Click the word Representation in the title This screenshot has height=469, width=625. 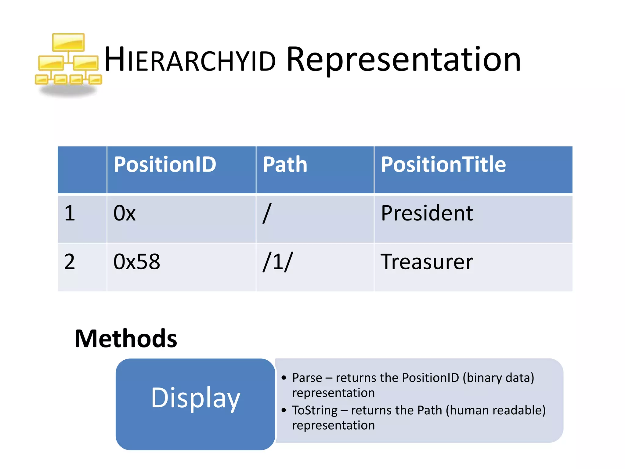[403, 60]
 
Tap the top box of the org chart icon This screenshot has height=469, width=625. [68, 42]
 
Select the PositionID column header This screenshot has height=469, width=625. [165, 165]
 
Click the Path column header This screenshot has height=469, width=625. [285, 165]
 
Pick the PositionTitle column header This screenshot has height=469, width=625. [443, 165]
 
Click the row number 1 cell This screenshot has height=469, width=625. [70, 213]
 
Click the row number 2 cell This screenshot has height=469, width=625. [70, 262]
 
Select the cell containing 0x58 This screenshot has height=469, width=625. [136, 262]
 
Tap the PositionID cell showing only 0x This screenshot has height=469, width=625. [124, 213]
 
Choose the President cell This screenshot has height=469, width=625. [427, 213]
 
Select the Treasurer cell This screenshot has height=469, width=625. [427, 262]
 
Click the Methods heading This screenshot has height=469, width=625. [126, 339]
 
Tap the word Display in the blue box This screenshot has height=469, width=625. [196, 398]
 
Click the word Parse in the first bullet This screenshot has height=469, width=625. [307, 378]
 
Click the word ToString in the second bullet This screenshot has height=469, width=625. [314, 410]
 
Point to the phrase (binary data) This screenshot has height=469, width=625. [498, 378]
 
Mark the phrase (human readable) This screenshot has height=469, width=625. [495, 410]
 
